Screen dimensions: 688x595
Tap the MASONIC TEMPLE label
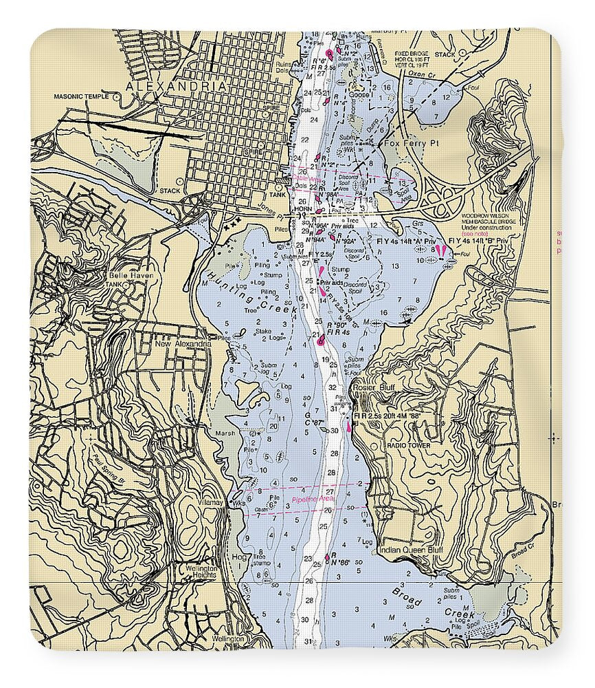click(x=83, y=96)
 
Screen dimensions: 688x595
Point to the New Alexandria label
click(x=182, y=344)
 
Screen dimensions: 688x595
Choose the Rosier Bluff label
click(x=371, y=387)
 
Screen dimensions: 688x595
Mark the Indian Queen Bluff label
click(x=410, y=550)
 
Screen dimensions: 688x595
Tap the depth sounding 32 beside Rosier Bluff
click(x=333, y=387)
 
